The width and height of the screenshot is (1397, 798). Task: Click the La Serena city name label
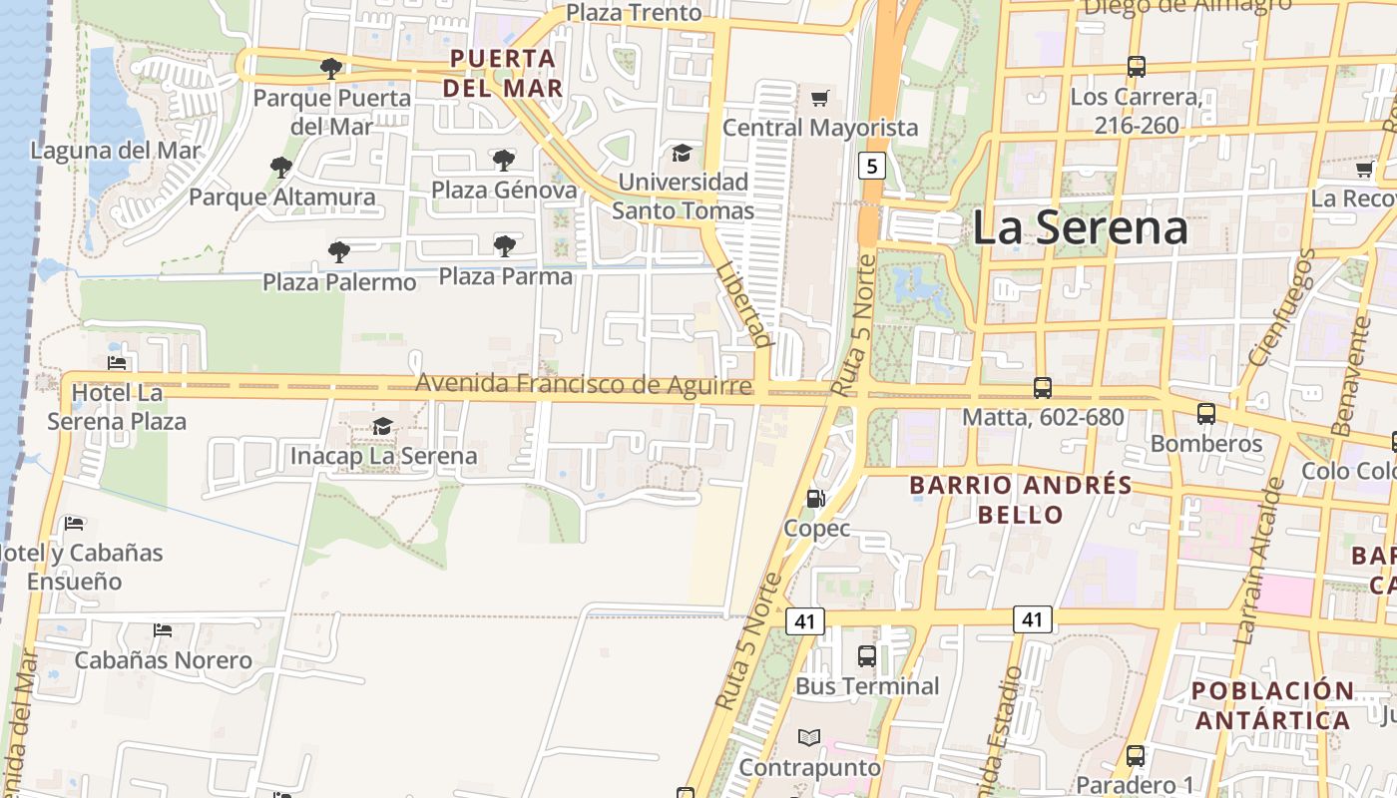click(x=1080, y=227)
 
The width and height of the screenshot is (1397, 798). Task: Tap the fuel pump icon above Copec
click(x=816, y=499)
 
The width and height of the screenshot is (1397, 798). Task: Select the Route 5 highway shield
click(x=871, y=166)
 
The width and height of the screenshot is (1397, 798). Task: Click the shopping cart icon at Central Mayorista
click(x=820, y=98)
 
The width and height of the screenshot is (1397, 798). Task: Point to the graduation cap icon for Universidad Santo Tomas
click(x=682, y=153)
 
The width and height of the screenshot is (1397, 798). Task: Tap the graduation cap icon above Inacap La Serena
click(x=382, y=427)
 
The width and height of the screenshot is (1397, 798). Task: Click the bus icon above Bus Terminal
click(x=867, y=656)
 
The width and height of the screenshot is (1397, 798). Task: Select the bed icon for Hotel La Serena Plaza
click(x=117, y=363)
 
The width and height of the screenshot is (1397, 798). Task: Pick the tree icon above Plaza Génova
click(x=504, y=160)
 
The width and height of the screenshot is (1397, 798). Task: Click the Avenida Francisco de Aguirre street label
click(x=584, y=384)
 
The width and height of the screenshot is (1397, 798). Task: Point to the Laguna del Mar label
click(x=116, y=151)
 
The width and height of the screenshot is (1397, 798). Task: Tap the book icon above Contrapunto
click(x=809, y=738)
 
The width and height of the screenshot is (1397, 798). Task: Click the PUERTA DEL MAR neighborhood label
click(x=503, y=73)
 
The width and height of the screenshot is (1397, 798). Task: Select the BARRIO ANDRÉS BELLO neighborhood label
click(x=1021, y=500)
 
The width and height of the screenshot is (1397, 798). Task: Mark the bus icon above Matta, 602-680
click(x=1043, y=388)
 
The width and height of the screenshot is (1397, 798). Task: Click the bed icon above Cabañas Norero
click(x=163, y=630)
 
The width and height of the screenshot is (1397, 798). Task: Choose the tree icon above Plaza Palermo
click(x=339, y=251)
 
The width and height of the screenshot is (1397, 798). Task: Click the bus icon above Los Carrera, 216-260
click(x=1136, y=67)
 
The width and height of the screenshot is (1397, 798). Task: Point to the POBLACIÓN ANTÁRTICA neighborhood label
click(x=1272, y=705)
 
